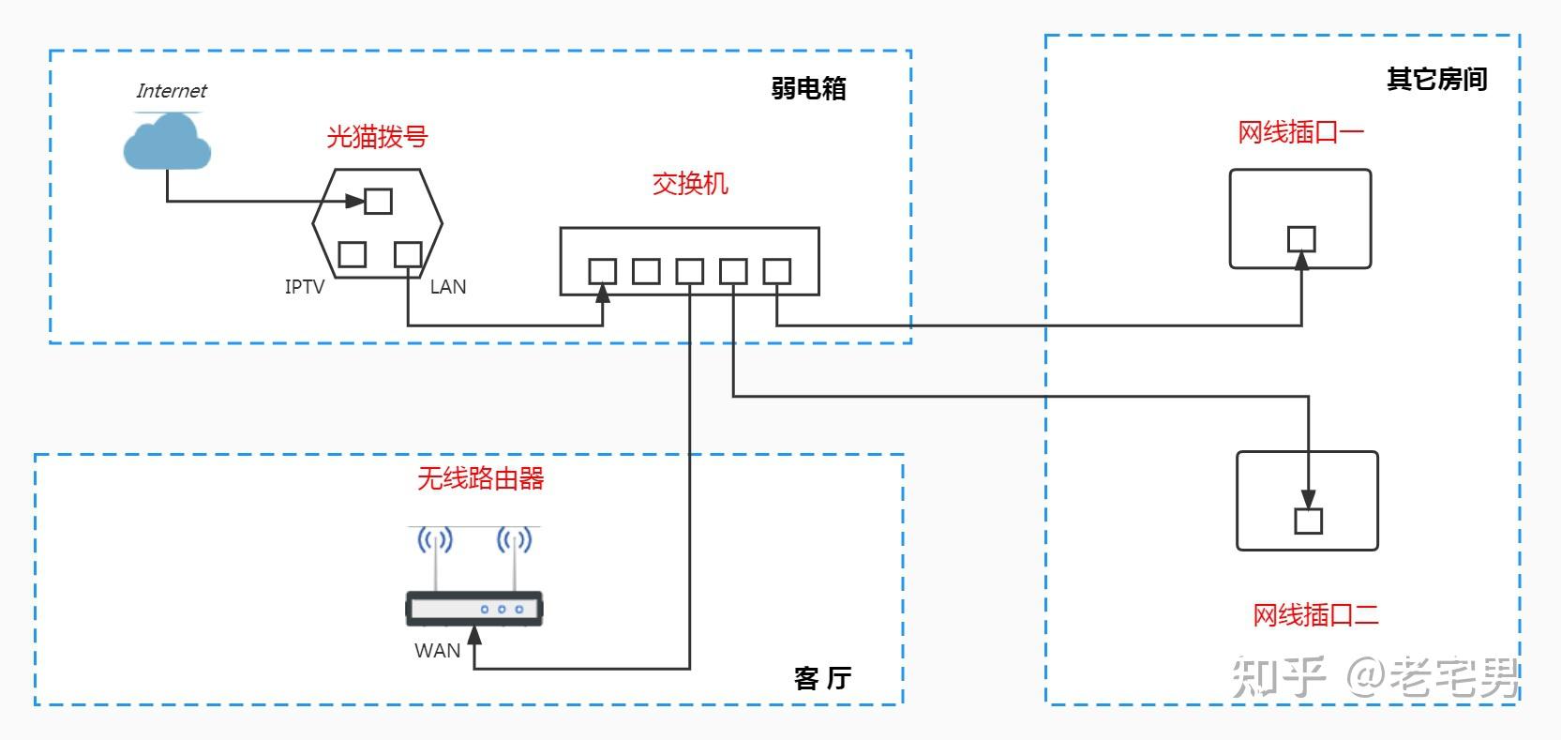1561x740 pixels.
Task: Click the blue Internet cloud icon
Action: (x=167, y=143)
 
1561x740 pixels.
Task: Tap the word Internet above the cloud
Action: (x=171, y=91)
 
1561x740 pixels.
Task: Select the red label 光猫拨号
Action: (x=377, y=137)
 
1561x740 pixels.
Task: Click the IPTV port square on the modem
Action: (x=352, y=254)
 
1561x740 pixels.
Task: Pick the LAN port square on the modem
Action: (x=408, y=254)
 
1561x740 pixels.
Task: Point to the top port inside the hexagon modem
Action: (x=378, y=201)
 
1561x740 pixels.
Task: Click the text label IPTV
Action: (x=305, y=287)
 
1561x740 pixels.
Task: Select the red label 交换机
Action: (x=690, y=183)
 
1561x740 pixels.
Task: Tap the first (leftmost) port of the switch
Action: (x=602, y=271)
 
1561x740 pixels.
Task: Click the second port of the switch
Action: (x=646, y=271)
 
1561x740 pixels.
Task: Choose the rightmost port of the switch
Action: (x=776, y=271)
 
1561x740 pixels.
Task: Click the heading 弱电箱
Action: (x=808, y=88)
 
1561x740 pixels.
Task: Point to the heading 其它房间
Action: (x=1436, y=80)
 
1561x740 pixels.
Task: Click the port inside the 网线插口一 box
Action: (x=1300, y=239)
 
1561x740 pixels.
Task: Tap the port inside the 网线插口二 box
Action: (x=1308, y=521)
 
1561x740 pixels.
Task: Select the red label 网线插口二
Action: (x=1315, y=615)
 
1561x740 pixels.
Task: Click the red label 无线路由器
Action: (x=480, y=479)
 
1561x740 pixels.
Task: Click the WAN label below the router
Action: (x=437, y=650)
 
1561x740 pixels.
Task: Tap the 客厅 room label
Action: (x=822, y=678)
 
